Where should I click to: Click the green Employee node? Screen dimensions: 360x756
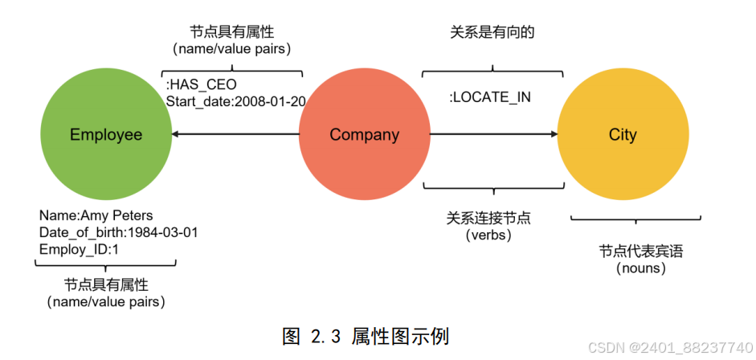pyautogui.click(x=105, y=135)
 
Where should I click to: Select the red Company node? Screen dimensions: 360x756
pyautogui.click(x=364, y=135)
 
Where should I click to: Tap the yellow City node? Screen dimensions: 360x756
pyautogui.click(x=623, y=135)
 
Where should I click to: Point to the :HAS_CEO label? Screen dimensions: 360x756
pyautogui.click(x=201, y=84)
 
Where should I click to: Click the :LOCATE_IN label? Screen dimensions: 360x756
pyautogui.click(x=490, y=98)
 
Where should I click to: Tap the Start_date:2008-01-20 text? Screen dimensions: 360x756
pyautogui.click(x=235, y=100)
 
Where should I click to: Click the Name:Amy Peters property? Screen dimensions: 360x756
pyautogui.click(x=96, y=215)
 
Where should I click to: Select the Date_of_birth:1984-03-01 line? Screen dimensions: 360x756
pyautogui.click(x=118, y=232)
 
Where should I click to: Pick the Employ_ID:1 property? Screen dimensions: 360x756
pyautogui.click(x=78, y=249)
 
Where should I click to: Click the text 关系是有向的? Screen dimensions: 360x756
pyautogui.click(x=492, y=32)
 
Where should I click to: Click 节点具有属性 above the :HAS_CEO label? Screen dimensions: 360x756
pyautogui.click(x=232, y=32)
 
